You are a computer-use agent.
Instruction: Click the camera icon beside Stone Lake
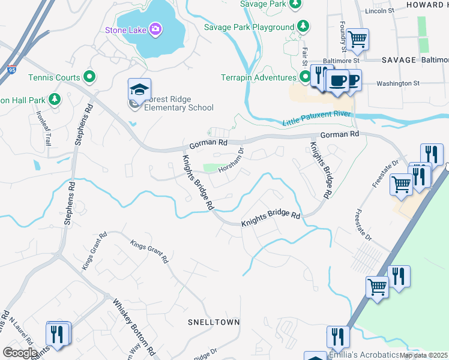coord(155,28)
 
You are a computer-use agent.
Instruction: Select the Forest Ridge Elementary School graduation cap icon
coord(139,90)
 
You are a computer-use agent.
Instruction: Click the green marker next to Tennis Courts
coord(89,77)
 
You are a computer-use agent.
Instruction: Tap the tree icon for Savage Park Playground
coord(304,26)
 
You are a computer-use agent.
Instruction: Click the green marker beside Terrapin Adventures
coord(304,77)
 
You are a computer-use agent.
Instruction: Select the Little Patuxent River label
coord(316,118)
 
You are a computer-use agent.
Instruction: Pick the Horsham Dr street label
coord(231,160)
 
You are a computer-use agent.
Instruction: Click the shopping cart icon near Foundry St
coord(357,40)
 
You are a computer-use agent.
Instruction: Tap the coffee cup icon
coord(339,80)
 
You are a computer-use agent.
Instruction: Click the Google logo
coord(20,353)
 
